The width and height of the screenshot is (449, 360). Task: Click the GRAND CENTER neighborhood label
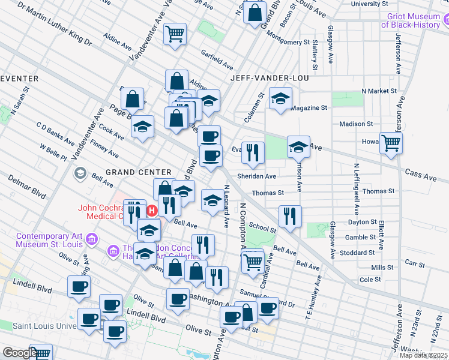pos(139,172)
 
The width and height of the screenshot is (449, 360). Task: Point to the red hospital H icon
pos(152,211)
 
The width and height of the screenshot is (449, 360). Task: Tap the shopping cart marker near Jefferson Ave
pos(391,143)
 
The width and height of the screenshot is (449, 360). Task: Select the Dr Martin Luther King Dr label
pos(54,25)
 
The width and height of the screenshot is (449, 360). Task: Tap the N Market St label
pos(379,91)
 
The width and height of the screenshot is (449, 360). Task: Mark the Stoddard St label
pos(363,254)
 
